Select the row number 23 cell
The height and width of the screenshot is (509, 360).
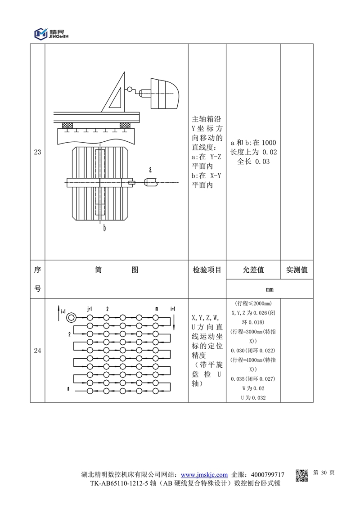(x=37, y=152)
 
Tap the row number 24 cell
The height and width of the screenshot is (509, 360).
(x=37, y=351)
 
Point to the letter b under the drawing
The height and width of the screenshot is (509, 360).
(x=104, y=228)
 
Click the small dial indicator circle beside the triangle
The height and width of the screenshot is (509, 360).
(x=131, y=90)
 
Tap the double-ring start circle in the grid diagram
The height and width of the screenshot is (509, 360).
(x=71, y=318)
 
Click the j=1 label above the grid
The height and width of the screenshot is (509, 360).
(x=90, y=309)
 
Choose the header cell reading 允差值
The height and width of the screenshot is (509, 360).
(x=253, y=270)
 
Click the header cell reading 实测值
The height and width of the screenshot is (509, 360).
(x=297, y=270)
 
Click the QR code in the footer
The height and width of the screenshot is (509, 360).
(x=301, y=475)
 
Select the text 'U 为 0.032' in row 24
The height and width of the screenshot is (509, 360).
(x=253, y=397)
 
